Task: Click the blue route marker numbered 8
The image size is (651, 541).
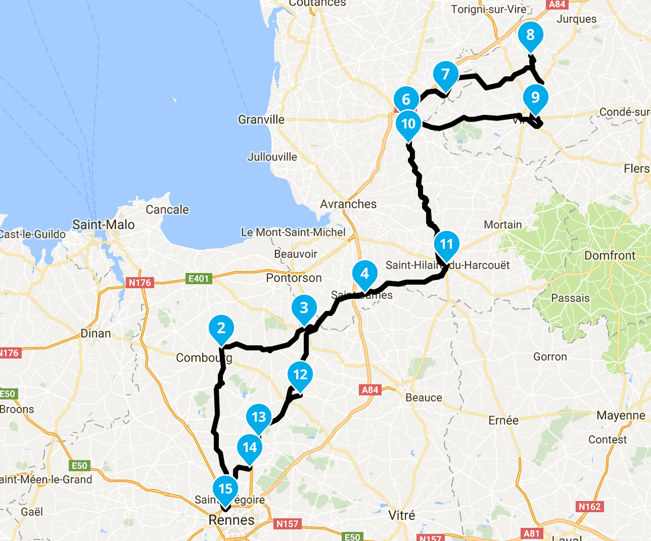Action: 530,36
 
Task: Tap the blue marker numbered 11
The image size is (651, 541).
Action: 447,245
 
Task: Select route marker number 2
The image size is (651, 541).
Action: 221,328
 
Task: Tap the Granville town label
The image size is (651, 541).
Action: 261,120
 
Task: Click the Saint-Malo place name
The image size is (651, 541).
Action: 103,224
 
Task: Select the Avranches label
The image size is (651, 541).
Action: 348,204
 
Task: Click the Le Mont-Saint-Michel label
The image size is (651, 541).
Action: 293,233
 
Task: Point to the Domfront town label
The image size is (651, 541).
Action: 610,255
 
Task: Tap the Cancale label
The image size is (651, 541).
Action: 167,210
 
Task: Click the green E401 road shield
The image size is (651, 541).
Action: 199,278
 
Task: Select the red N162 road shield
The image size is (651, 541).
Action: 589,506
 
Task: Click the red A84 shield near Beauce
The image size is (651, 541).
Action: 370,390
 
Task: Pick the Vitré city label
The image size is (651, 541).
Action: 402,515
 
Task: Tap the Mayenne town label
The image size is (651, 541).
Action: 621,415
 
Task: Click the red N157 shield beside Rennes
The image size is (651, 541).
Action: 287,524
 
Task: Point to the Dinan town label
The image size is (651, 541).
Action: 96,334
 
